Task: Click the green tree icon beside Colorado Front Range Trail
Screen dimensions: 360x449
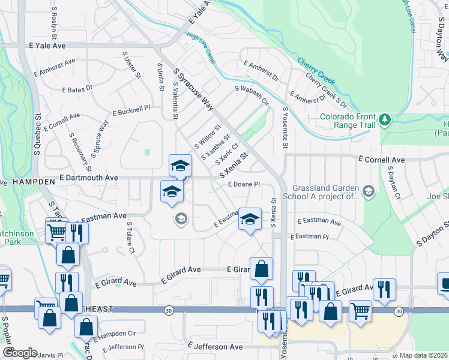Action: (384, 121)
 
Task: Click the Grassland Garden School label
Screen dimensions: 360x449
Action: (325, 191)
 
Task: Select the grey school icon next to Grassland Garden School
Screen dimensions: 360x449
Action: (368, 192)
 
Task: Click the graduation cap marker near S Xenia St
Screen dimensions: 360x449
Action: (250, 220)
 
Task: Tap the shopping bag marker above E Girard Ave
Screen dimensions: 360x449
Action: (261, 271)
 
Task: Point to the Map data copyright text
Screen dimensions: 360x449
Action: (424, 355)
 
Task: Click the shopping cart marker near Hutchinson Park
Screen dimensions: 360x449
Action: (56, 231)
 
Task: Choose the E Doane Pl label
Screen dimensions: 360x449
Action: (243, 184)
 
